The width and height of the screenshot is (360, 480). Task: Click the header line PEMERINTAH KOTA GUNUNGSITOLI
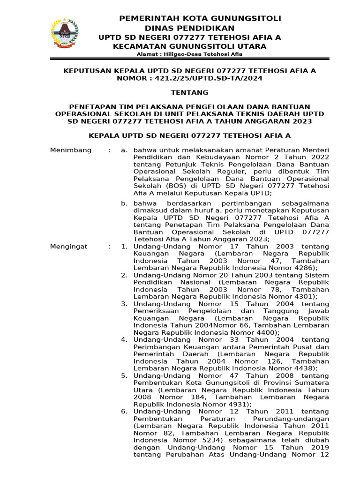tap(200, 18)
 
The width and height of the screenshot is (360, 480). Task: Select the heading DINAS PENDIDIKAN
tap(189, 28)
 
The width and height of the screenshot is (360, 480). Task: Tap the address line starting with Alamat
tap(189, 54)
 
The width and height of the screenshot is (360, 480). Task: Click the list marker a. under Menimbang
tap(124, 150)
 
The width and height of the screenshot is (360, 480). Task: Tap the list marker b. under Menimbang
tap(124, 203)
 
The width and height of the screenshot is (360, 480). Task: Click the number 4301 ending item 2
tap(306, 296)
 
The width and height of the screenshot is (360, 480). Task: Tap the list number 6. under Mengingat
tap(124, 411)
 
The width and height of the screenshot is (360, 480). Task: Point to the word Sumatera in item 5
tap(311, 382)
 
